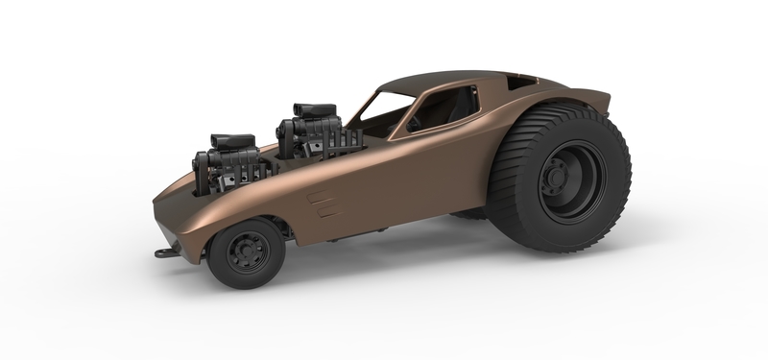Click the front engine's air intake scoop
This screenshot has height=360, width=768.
click(229, 143)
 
